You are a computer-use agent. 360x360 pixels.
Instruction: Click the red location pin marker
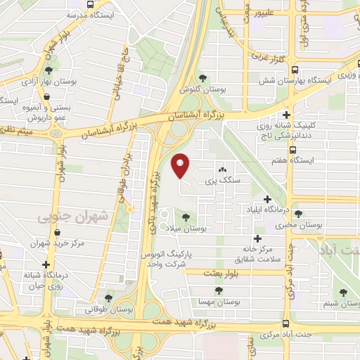(x=181, y=166)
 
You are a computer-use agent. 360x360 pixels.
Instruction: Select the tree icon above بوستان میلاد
(x=186, y=217)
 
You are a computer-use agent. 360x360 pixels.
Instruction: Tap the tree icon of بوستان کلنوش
(x=203, y=78)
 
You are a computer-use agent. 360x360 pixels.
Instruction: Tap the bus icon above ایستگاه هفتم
(x=292, y=149)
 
